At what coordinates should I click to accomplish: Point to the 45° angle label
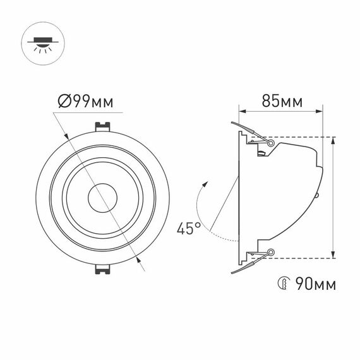pos(188,228)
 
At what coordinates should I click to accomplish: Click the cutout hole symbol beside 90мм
pos(282,283)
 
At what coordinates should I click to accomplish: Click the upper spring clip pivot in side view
pos(271,144)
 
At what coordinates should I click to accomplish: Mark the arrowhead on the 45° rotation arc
pos(204,184)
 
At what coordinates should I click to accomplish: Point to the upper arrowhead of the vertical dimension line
pos(333,140)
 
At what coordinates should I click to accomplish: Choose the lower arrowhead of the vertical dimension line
pos(333,254)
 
